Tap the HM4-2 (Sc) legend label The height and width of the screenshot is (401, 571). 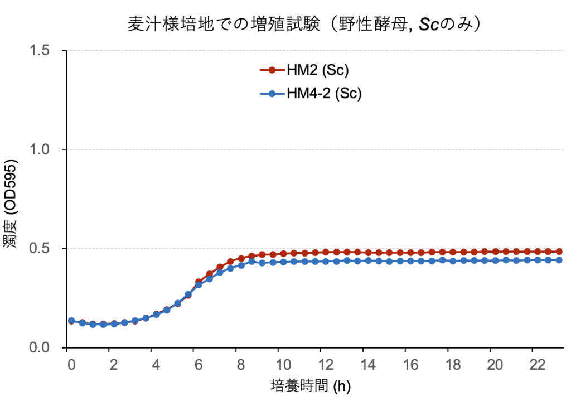point(324,94)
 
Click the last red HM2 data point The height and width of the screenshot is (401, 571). point(559,252)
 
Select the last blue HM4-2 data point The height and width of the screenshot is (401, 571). point(559,260)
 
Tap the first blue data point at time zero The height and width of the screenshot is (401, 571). point(71,321)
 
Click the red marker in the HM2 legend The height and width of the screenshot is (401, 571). point(272,70)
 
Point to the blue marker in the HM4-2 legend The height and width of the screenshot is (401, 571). point(272,94)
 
